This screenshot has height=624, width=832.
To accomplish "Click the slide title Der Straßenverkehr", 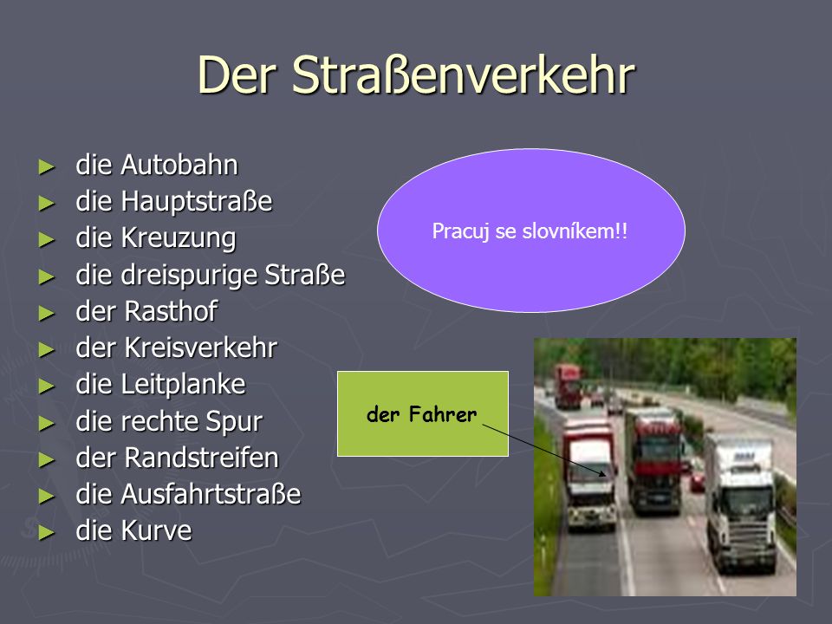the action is (416, 75).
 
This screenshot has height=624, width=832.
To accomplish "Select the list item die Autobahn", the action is (157, 165).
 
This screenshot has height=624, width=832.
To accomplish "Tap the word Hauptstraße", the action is (197, 202).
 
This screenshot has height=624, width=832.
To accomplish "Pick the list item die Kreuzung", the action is (155, 238).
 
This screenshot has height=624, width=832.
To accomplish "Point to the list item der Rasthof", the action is (146, 311).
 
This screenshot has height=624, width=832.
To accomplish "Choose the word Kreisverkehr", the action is (201, 348).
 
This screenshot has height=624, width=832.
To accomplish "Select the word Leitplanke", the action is (184, 385).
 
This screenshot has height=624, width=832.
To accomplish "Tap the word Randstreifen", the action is (202, 458).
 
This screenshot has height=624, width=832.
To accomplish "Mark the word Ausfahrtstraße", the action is (211, 494).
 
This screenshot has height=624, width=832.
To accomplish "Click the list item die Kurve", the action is (133, 530).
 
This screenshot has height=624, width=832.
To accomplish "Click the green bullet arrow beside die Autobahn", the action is (47, 166).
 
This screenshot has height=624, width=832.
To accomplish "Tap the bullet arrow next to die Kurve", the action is (47, 532).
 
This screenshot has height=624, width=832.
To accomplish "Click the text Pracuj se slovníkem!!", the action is (530, 231).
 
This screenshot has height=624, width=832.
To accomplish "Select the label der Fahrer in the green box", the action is (422, 414).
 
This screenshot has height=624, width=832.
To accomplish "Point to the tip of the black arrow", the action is (606, 475).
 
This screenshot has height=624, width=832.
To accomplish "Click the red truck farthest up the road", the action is (568, 387).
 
